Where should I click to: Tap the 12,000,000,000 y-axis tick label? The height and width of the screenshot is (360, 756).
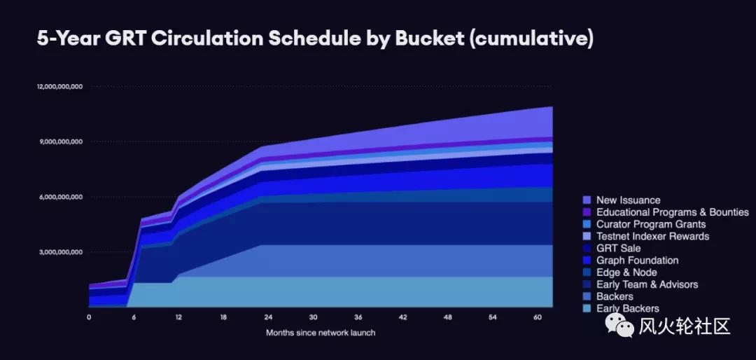pyautogui.click(x=60, y=86)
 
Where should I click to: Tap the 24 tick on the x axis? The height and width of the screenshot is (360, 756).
pyautogui.click(x=269, y=317)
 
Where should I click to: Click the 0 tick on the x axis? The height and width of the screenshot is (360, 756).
pyautogui.click(x=89, y=317)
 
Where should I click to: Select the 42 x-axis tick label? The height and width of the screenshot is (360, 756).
pyautogui.click(x=403, y=317)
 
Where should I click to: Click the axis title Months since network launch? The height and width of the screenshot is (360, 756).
pyautogui.click(x=321, y=333)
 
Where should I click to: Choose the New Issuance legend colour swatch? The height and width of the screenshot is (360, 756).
pyautogui.click(x=587, y=200)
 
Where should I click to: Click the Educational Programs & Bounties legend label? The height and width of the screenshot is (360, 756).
pyautogui.click(x=672, y=212)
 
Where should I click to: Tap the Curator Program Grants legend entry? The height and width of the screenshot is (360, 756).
pyautogui.click(x=650, y=224)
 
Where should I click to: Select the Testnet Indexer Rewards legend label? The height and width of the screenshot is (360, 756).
pyautogui.click(x=652, y=236)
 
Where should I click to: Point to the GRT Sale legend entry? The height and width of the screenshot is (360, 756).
pyautogui.click(x=618, y=248)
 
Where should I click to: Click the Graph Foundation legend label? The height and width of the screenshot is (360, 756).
pyautogui.click(x=637, y=261)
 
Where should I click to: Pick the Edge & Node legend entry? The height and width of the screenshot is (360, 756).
pyautogui.click(x=626, y=272)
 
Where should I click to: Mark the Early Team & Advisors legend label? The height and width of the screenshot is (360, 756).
pyautogui.click(x=647, y=284)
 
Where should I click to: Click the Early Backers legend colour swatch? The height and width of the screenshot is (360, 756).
pyautogui.click(x=587, y=308)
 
